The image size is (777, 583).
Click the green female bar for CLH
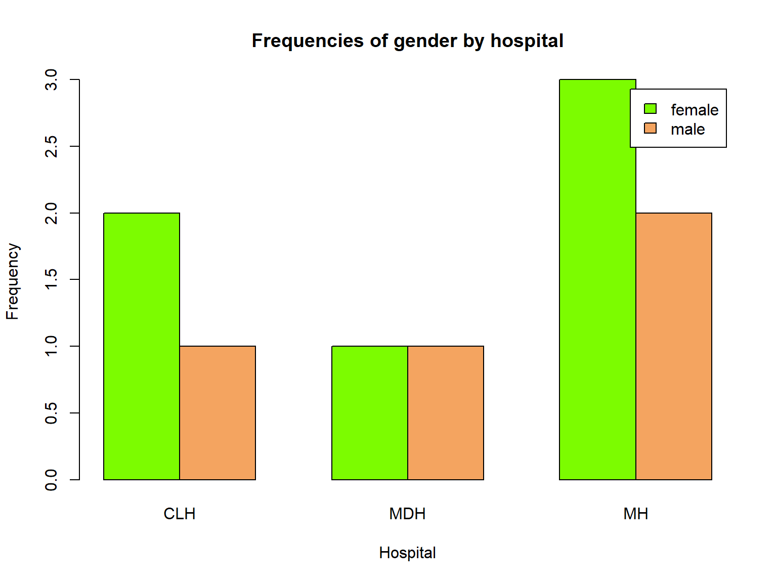[142, 346]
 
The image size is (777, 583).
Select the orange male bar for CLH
[218, 413]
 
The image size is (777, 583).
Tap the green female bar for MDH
[370, 413]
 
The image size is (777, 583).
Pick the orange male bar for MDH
[446, 413]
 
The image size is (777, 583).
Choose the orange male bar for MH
[674, 346]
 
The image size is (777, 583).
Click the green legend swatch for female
[650, 109]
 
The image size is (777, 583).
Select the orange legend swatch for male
[650, 129]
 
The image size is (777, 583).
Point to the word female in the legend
[694, 110]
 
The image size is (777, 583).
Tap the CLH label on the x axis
[179, 514]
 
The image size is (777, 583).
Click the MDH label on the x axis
[407, 514]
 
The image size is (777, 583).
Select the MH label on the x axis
[635, 514]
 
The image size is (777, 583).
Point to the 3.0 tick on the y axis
[52, 80]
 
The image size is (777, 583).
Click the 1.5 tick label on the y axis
[52, 279]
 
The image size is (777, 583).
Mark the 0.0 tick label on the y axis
[52, 480]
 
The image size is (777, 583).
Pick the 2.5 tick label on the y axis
[52, 146]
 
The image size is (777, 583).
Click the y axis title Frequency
[12, 281]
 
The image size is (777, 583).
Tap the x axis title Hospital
[407, 553]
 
